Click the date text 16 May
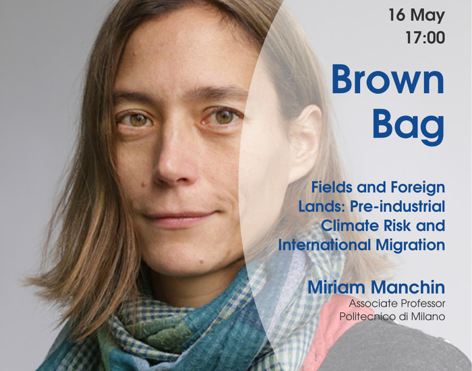417,15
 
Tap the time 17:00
425,38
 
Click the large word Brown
388,79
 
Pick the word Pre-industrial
397,206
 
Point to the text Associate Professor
397,304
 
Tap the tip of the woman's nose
171,174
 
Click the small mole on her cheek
143,183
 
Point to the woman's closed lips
180,219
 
